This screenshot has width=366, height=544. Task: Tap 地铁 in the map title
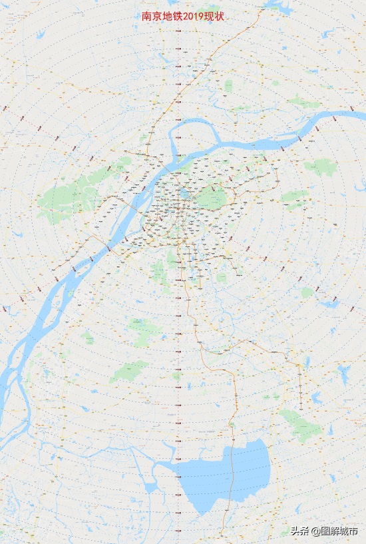point(168,15)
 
